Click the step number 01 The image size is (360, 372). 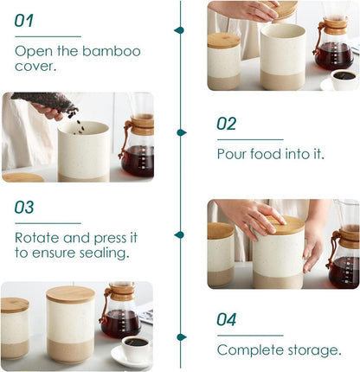tap(24, 21)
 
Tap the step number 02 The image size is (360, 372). tap(227, 124)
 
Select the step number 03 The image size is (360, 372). tap(24, 207)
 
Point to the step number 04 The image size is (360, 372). tap(227, 319)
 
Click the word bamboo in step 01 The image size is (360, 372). tap(112, 51)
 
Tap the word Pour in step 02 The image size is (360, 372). tap(232, 154)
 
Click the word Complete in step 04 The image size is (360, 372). tap(250, 350)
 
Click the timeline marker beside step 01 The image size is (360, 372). tap(179, 30)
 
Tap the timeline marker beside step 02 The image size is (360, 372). tap(182, 132)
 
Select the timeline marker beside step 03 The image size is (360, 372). tap(179, 235)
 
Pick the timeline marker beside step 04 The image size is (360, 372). tap(182, 337)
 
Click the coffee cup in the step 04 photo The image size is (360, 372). tap(136, 349)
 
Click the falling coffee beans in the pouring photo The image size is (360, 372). tap(76, 121)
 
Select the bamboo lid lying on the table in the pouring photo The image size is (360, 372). tap(23, 177)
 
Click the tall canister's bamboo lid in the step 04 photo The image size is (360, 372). tap(71, 294)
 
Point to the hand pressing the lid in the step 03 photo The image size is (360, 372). tap(250, 218)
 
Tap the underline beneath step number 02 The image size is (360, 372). tap(250, 139)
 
